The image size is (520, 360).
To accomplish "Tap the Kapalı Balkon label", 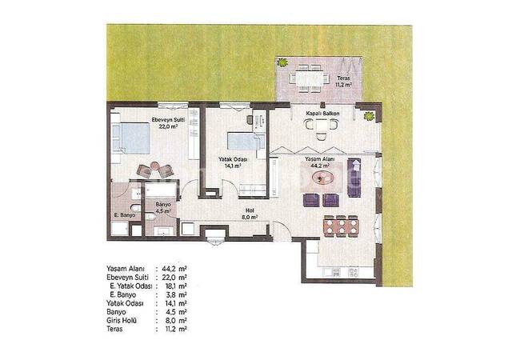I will coord(322,114).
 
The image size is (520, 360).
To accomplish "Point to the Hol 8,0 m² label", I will coord(249,214).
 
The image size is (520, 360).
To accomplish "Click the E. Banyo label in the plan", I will coord(123,215).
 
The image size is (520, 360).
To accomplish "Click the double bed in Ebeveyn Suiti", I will coord(131,138).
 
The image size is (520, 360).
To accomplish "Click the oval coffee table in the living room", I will coord(324,178).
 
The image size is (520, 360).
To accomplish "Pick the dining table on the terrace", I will coord(309,78).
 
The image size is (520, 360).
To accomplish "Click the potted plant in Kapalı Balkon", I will coord(368,117).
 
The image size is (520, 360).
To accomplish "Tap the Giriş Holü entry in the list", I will coord(124,320).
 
